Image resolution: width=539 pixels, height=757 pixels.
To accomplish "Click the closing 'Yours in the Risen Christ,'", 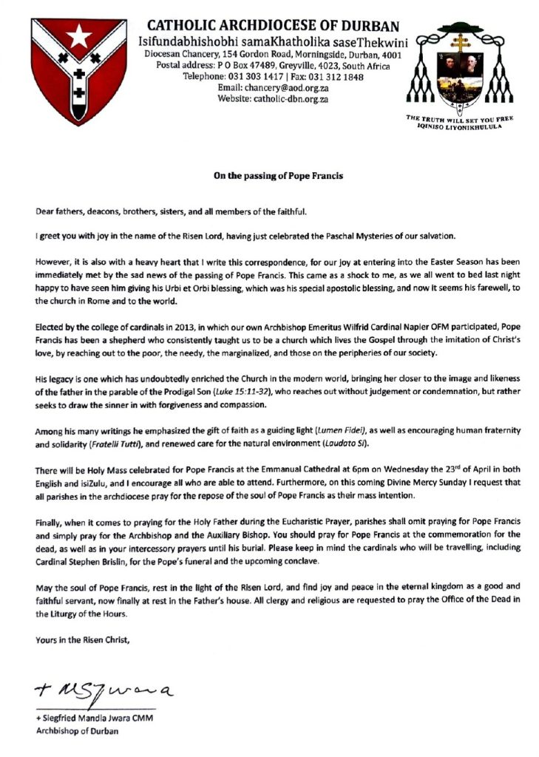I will (83, 640).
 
